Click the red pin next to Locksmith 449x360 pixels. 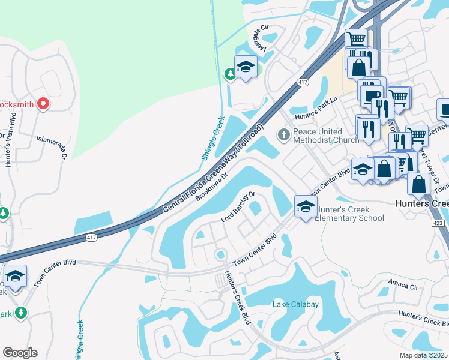[x=43, y=104]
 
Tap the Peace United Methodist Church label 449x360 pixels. [x=318, y=136]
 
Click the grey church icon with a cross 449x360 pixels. [x=284, y=134]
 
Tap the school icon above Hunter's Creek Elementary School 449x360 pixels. [x=305, y=207]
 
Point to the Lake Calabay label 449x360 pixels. [x=295, y=304]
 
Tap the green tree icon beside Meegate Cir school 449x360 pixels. [x=229, y=74]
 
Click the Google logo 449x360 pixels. [x=20, y=353]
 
